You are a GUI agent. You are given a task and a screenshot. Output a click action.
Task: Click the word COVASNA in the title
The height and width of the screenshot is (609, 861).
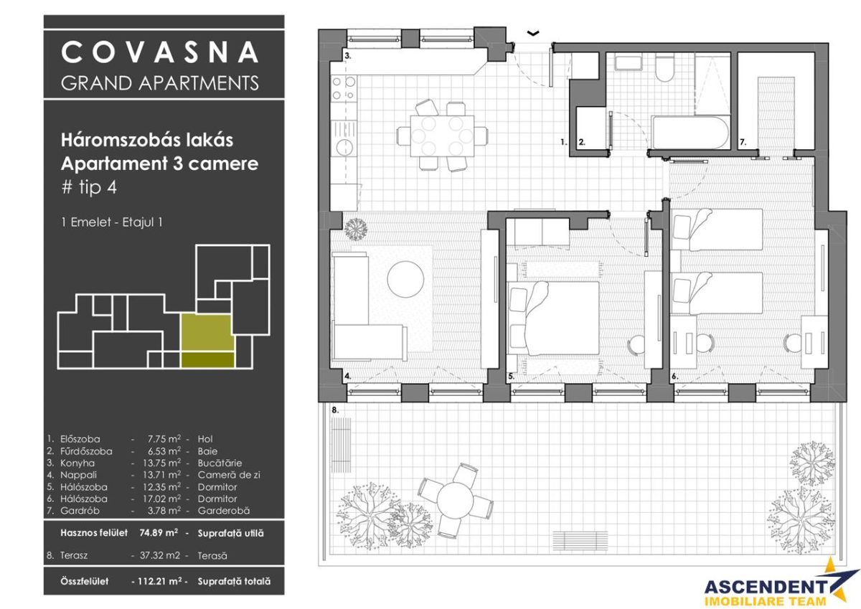159,52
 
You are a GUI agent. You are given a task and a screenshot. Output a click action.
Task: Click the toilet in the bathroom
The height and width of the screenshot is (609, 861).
664,71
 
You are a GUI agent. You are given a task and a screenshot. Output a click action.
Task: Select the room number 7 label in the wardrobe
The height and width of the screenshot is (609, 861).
743,143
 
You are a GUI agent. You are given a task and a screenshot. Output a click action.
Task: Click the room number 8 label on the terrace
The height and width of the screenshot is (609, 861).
335,410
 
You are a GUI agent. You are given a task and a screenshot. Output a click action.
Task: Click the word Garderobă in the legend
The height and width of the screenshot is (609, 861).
224,510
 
